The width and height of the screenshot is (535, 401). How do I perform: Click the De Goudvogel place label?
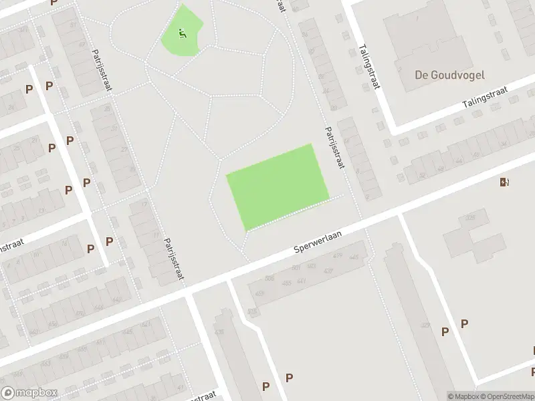[x=449, y=75]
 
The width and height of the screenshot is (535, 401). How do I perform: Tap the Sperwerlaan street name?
[x=318, y=241]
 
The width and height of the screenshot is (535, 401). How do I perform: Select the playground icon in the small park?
[x=182, y=31]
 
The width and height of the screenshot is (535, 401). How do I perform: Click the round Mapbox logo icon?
[x=9, y=393]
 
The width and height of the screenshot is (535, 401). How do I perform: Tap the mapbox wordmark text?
[x=36, y=393]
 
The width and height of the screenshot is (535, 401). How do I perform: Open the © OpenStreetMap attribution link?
[x=506, y=396]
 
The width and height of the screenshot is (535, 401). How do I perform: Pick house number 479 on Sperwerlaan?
[x=338, y=257]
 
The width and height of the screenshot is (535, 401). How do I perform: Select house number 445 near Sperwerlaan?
[x=354, y=257]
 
